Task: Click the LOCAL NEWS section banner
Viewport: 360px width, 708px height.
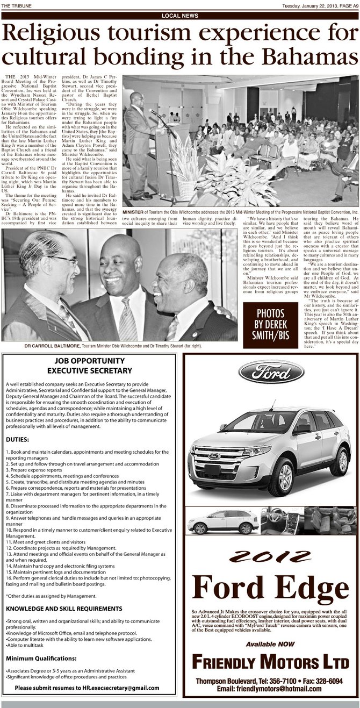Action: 179,16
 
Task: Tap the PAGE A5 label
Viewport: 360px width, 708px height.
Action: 348,6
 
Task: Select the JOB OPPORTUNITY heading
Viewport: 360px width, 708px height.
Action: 90,361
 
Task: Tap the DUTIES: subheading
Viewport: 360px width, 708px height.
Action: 18,439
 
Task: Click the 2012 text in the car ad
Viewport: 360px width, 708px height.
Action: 271,554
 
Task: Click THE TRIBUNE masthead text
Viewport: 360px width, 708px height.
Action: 15,6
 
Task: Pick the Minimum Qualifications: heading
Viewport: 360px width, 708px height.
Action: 41,659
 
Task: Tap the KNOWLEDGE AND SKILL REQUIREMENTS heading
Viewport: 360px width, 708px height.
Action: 64,609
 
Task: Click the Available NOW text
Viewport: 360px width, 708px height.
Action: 271,643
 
